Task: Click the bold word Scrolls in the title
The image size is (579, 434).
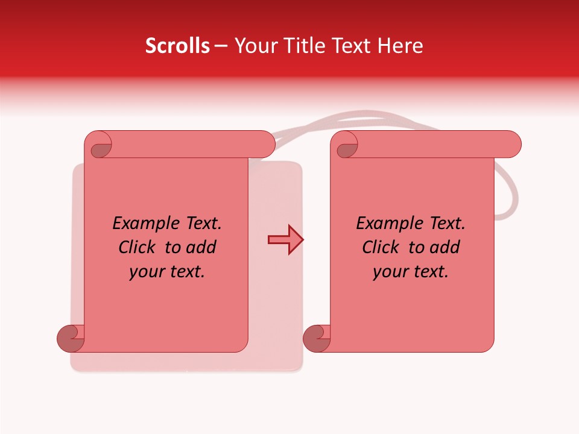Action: coord(177,46)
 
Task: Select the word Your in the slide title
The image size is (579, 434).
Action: coord(254,46)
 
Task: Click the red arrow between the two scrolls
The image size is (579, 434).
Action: coord(285,240)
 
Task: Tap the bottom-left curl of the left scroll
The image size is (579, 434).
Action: coord(71,338)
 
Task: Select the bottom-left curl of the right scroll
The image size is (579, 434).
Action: coord(317,338)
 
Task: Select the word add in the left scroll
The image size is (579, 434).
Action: coord(201,247)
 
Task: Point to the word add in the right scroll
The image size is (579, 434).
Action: coord(445,247)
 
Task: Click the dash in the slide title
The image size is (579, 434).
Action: coord(221,46)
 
